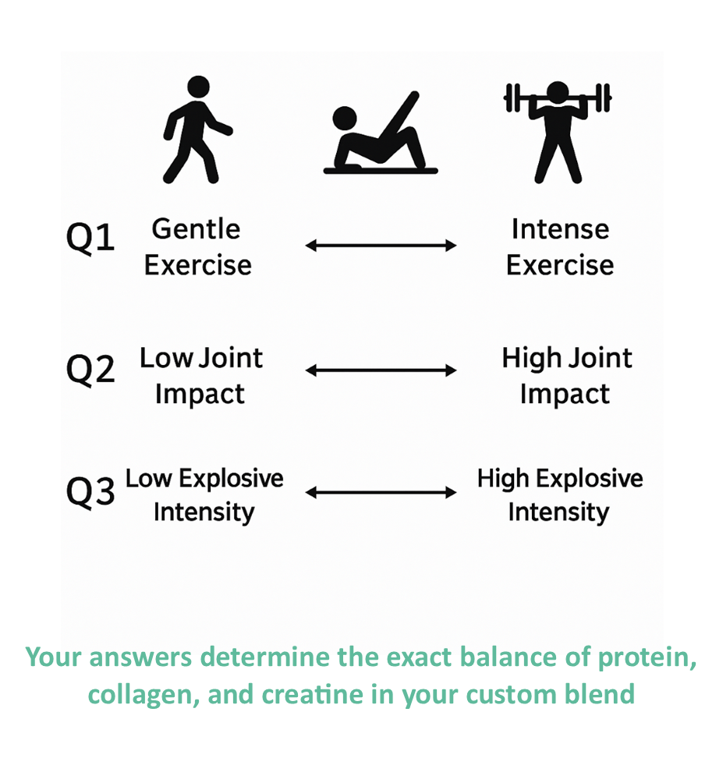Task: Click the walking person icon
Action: [x=196, y=130]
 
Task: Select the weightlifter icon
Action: [x=558, y=133]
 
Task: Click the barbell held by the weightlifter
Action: [x=558, y=97]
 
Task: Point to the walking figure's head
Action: [x=198, y=87]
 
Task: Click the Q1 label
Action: [x=90, y=237]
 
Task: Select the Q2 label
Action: [x=90, y=370]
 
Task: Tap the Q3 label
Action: [x=90, y=491]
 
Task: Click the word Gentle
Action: [x=196, y=229]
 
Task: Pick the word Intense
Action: [x=560, y=229]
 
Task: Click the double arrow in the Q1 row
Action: [x=381, y=246]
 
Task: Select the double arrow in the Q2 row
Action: [x=381, y=370]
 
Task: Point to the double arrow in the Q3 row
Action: [x=381, y=493]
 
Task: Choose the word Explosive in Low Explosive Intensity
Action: [x=231, y=480]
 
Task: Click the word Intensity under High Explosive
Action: [x=558, y=512]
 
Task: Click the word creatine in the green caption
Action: [x=313, y=695]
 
